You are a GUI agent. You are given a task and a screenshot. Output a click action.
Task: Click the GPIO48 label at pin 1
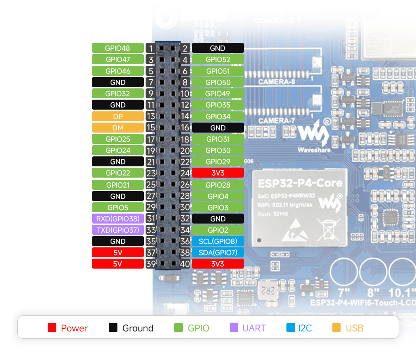[117, 48]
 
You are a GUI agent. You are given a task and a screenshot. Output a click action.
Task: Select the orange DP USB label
[117, 117]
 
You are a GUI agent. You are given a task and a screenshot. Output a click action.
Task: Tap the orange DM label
[117, 128]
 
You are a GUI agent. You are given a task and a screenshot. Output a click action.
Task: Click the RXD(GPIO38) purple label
[117, 219]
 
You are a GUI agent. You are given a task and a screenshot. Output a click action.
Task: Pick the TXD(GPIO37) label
[117, 230]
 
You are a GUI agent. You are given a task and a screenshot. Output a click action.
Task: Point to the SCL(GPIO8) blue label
[218, 241]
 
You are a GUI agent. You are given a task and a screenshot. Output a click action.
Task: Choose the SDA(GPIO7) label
[218, 253]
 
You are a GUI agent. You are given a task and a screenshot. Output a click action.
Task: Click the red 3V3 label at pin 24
[218, 173]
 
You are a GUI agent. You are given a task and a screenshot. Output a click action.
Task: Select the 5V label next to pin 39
[117, 264]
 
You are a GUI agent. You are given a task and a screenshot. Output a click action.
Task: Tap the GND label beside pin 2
[218, 48]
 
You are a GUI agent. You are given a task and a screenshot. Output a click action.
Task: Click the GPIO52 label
[218, 60]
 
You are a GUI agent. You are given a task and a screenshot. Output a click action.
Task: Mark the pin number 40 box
[185, 264]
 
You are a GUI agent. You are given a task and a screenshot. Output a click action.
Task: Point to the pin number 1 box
[150, 48]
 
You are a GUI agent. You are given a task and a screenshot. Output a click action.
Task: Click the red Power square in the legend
[52, 328]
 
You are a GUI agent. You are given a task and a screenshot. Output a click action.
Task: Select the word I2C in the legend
[305, 328]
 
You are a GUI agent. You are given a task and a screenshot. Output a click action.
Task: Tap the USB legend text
[354, 328]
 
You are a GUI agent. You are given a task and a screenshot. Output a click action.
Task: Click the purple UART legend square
[234, 328]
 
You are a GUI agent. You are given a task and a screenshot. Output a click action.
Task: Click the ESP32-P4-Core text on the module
[300, 183]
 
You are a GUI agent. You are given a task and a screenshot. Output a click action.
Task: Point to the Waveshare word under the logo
[314, 150]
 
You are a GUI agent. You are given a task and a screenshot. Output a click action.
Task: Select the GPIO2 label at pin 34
[218, 230]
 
